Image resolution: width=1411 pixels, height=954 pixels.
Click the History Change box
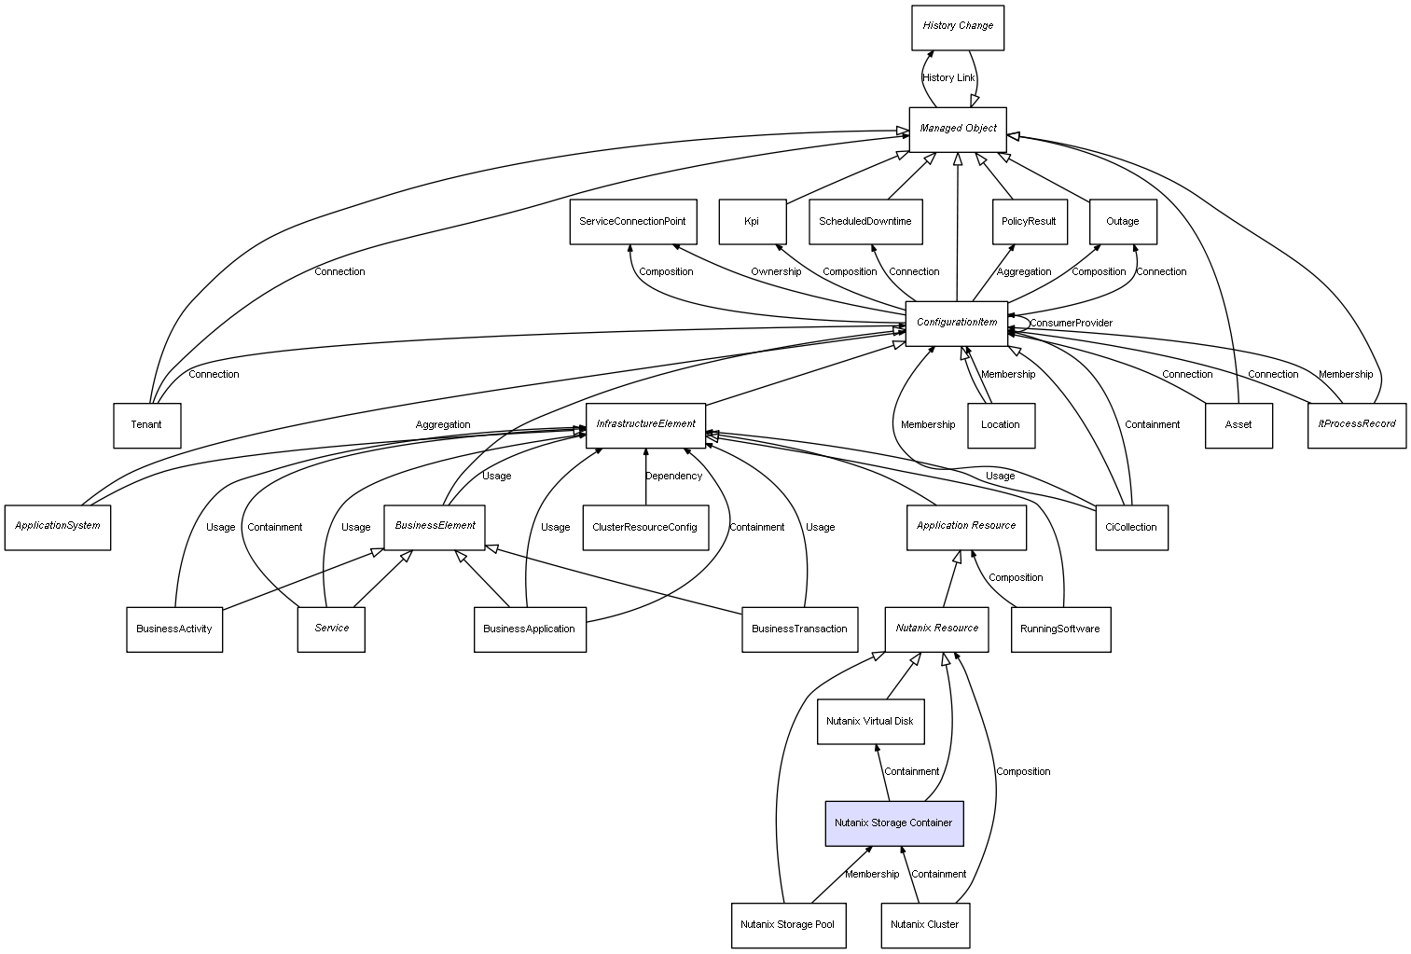click(958, 27)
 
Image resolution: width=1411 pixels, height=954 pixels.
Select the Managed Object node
click(958, 129)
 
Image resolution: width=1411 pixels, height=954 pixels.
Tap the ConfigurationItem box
click(957, 323)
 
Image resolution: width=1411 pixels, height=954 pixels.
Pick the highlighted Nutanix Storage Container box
click(893, 823)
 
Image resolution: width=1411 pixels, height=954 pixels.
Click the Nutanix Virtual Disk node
click(870, 722)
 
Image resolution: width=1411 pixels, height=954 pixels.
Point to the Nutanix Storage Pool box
click(788, 925)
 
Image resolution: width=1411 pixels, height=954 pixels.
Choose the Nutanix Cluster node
click(924, 925)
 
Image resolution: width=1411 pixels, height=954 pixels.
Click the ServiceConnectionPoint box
click(632, 222)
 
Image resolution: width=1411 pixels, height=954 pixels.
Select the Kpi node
click(752, 222)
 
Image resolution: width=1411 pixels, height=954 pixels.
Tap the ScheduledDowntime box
click(865, 222)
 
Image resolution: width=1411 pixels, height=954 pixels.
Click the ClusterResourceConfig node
click(644, 528)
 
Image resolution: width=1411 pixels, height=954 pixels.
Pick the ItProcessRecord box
click(1356, 425)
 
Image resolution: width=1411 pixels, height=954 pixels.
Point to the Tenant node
click(146, 425)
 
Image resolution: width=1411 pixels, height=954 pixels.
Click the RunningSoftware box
click(1060, 629)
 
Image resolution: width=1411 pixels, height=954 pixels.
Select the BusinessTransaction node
click(799, 629)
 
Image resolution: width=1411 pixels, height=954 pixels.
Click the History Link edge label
click(948, 78)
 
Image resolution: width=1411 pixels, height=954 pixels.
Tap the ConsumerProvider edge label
click(1071, 324)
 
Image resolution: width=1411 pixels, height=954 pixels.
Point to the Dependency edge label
click(673, 477)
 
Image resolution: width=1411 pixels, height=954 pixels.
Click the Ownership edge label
click(776, 272)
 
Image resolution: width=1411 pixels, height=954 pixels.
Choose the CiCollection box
click(1130, 528)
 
